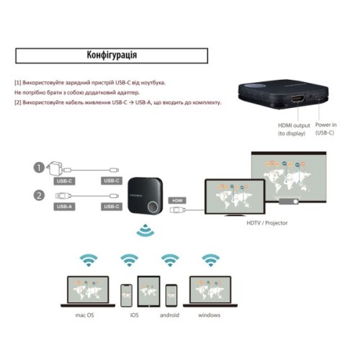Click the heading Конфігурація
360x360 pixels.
pyautogui.click(x=112, y=55)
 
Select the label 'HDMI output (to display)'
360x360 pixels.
pyautogui.click(x=294, y=129)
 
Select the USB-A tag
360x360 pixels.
pyautogui.click(x=65, y=206)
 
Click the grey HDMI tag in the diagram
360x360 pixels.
pyautogui.click(x=177, y=199)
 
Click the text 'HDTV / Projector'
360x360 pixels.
pyautogui.click(x=267, y=223)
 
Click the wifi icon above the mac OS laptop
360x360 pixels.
pyautogui.click(x=88, y=259)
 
